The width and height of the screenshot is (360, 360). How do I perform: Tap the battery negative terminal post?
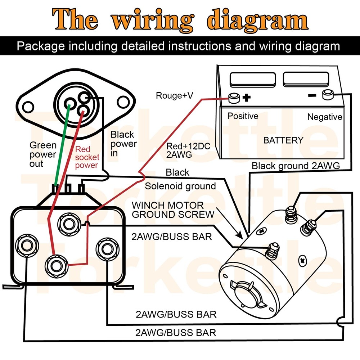click(327, 95)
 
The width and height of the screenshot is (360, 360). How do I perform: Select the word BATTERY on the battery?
click(283, 140)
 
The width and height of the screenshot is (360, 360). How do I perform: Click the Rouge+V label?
click(174, 96)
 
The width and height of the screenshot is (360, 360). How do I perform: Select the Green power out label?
click(43, 154)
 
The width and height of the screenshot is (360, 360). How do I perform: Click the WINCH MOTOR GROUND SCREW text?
click(173, 210)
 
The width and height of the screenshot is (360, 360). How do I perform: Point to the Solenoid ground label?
click(180, 186)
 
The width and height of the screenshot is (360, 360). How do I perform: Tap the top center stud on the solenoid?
click(68, 223)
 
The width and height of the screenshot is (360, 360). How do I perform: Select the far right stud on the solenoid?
click(106, 248)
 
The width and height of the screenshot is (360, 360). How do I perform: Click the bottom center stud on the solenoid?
click(55, 265)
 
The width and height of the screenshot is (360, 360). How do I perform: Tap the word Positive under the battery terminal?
click(243, 116)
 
